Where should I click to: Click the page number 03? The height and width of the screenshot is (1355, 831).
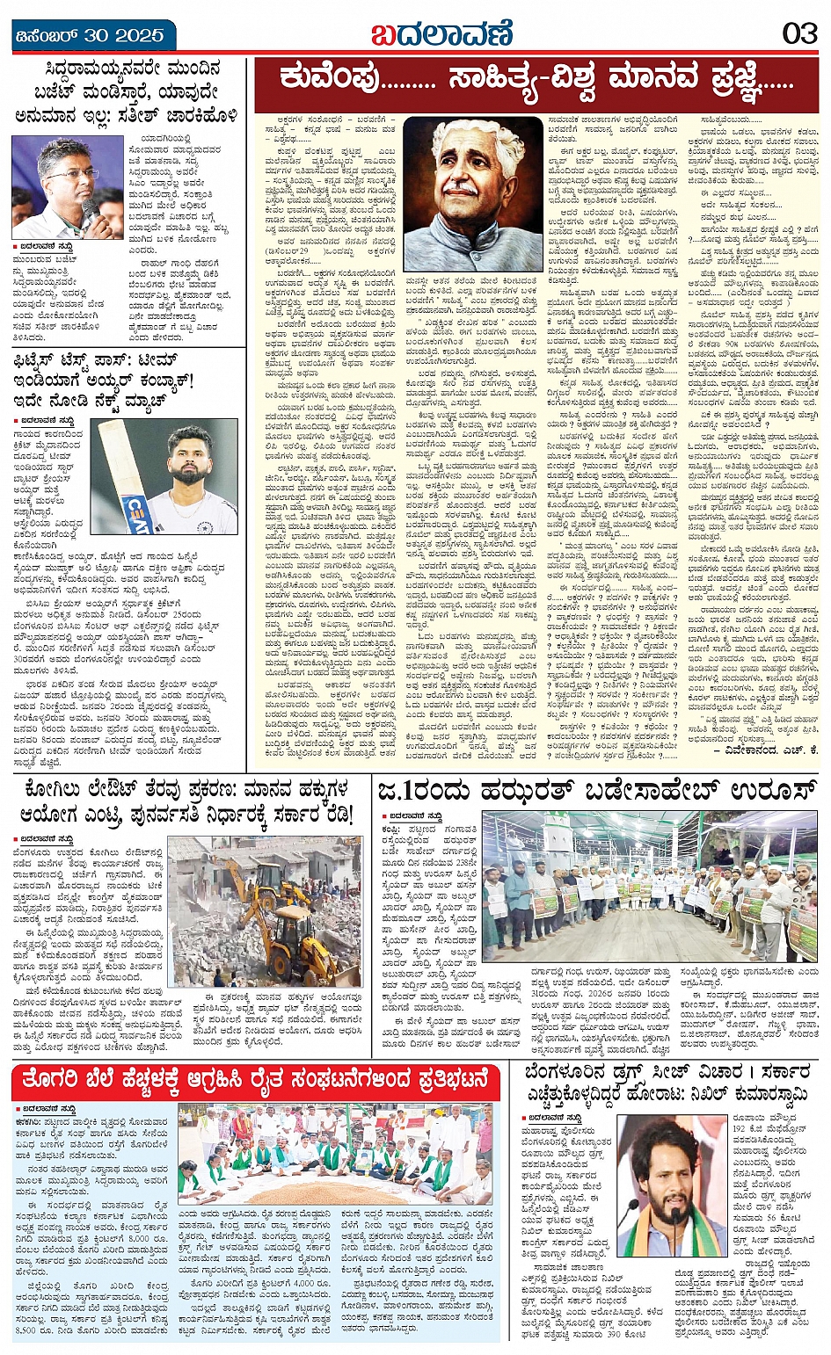point(799,34)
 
